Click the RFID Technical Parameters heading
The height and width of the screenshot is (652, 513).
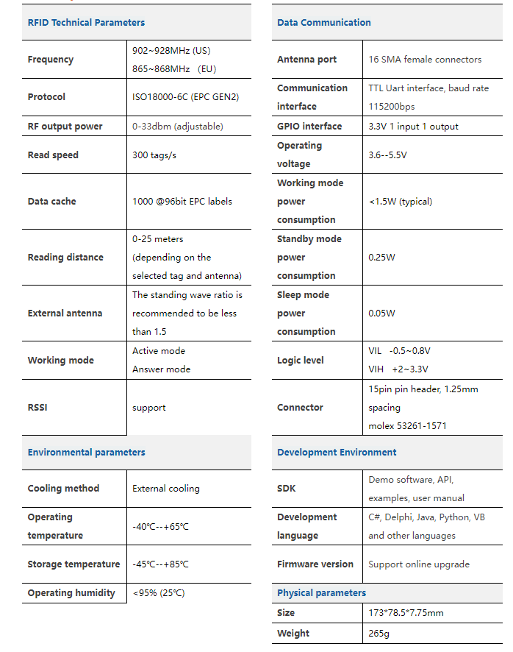[86, 23]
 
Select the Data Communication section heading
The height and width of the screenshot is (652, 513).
[323, 23]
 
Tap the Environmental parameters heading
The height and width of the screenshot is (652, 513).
[86, 453]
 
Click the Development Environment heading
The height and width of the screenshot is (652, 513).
[337, 453]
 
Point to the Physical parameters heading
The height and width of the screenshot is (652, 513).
[321, 593]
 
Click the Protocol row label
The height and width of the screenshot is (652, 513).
[46, 97]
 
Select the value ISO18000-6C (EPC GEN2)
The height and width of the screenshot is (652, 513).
[185, 97]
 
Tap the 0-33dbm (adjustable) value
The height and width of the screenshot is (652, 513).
[177, 127]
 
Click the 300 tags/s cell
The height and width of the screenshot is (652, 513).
[154, 155]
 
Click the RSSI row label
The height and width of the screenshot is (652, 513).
[37, 408]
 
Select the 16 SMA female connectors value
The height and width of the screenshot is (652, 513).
[425, 60]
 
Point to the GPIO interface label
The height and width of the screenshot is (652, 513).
[309, 127]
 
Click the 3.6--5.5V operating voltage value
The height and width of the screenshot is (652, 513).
[387, 155]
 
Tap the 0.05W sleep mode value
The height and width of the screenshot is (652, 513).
[381, 313]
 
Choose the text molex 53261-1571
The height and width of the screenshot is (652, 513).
[407, 426]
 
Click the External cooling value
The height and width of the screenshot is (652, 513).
[165, 489]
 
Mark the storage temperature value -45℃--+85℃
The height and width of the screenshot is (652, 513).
[160, 564]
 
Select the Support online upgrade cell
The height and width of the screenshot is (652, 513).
[418, 564]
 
